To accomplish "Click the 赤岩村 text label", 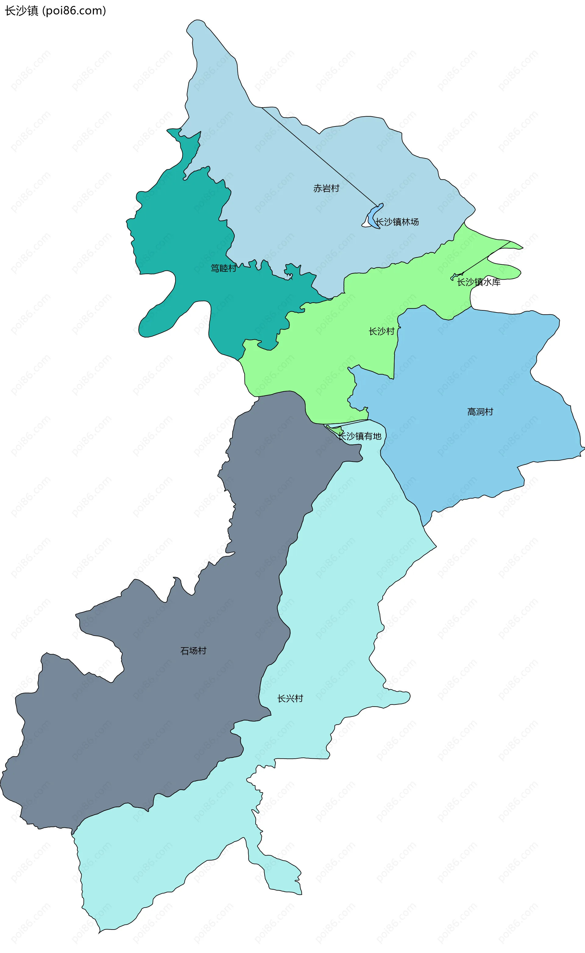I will [x=326, y=188].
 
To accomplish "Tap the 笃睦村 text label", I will [x=223, y=268].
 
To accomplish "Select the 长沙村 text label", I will [x=381, y=331].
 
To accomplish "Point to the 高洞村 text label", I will [x=480, y=412].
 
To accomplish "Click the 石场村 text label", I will [x=193, y=651].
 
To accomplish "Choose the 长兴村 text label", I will [x=290, y=698].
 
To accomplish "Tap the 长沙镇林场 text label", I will [x=397, y=222].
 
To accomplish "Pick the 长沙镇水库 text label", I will [x=479, y=282].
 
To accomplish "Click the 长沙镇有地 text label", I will [x=360, y=436].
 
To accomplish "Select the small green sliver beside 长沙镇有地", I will [x=337, y=430].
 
